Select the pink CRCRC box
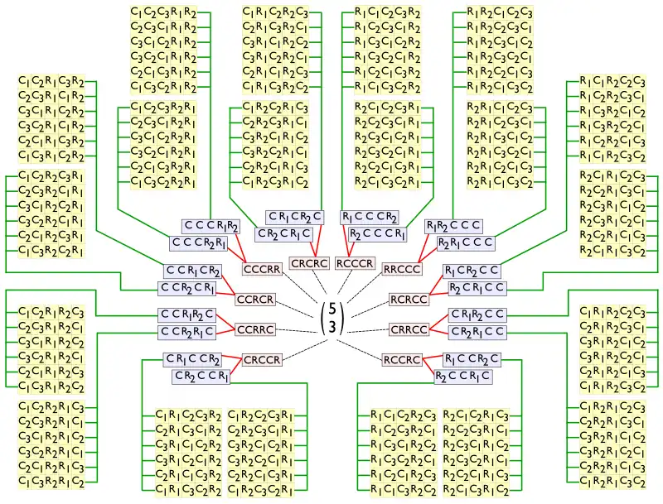(309, 263)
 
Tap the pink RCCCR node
(356, 263)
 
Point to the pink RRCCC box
(402, 269)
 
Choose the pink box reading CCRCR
(255, 300)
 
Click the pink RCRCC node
(409, 300)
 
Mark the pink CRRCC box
(409, 329)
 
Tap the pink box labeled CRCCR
(262, 360)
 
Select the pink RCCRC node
(402, 360)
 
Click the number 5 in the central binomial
(331, 308)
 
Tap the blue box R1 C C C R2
(370, 217)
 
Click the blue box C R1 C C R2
(192, 359)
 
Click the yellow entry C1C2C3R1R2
(164, 12)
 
